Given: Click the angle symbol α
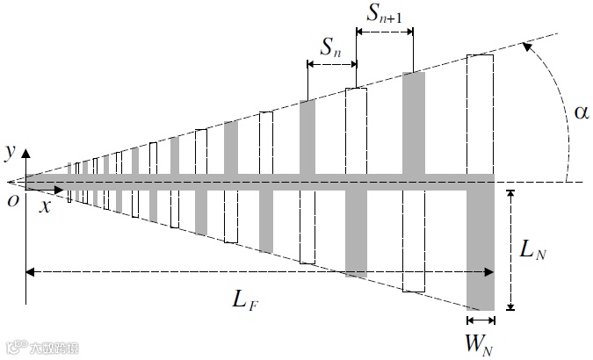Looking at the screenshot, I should pos(581,112).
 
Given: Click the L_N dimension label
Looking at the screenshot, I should pos(533,251).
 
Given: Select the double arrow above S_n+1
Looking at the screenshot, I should pos(383,32).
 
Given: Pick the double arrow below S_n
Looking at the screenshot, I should pos(331,64).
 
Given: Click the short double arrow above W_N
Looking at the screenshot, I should pos(481,320).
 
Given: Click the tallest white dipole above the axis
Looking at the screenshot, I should pos(480,114).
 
